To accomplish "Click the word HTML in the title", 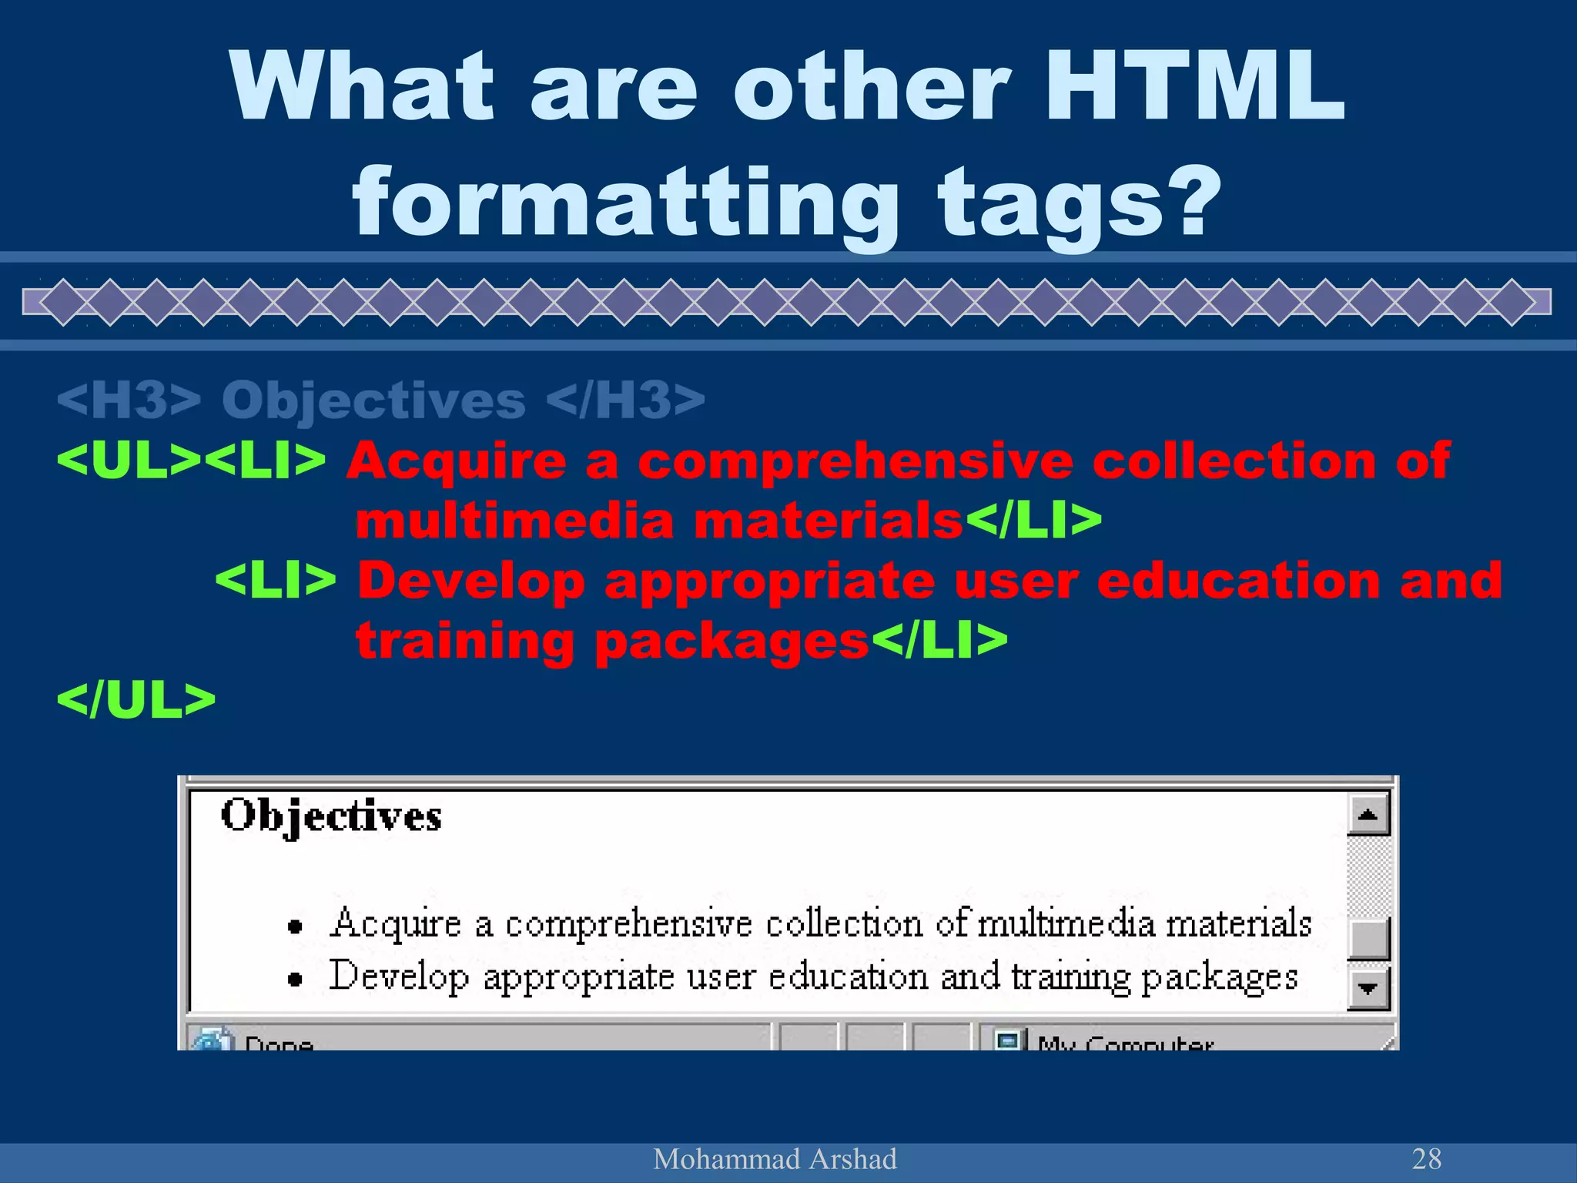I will click(x=1194, y=86).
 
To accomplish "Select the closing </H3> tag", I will click(x=625, y=400).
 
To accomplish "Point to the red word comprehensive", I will click(x=855, y=461).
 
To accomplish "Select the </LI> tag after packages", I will click(x=939, y=641).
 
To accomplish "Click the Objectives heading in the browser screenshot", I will click(x=331, y=816).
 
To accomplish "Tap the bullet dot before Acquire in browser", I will click(x=294, y=927).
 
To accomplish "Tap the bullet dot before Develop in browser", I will click(x=294, y=979).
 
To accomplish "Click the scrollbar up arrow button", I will click(x=1368, y=815).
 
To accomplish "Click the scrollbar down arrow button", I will click(x=1368, y=988).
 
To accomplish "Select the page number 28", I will click(x=1426, y=1158).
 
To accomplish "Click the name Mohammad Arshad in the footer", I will click(x=775, y=1158).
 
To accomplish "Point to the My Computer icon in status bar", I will click(x=1008, y=1041).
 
